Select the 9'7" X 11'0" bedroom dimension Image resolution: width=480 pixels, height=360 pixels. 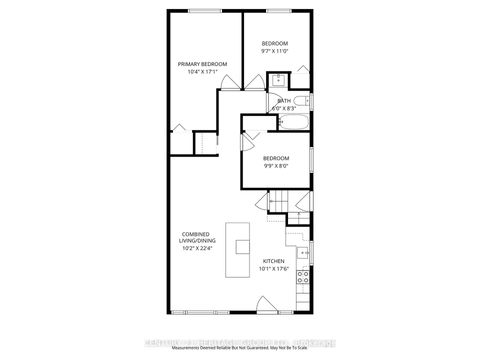point(275,51)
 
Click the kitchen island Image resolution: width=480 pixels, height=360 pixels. point(240,249)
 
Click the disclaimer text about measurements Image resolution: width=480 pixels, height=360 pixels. point(240,349)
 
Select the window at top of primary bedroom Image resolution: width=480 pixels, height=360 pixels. point(206,13)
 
